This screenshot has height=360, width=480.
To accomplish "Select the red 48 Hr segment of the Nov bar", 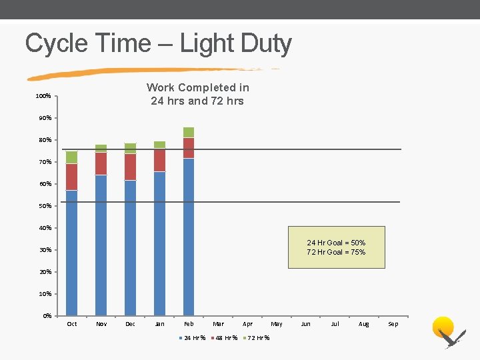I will pos(101,163).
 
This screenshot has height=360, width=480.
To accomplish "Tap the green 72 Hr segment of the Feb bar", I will pos(189,132).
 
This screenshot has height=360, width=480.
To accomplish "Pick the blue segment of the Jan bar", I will pos(159,243).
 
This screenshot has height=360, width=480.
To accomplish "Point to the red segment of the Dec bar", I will pos(130,167).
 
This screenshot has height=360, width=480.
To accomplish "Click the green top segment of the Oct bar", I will pos(71,157).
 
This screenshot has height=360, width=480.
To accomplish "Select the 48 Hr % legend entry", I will pos(224,338).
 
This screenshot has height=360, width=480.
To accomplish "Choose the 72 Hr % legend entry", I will pos(256,338).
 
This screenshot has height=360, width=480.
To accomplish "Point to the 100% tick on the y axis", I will pos(43,97).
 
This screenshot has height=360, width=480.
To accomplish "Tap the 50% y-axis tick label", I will pos(44,206).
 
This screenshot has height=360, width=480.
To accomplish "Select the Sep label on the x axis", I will pos(393,325).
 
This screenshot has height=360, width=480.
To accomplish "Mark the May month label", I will pos(277,325).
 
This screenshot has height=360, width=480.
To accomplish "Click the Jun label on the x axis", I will pos(305,325).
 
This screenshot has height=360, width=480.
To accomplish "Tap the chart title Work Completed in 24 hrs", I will pos(197,94).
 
